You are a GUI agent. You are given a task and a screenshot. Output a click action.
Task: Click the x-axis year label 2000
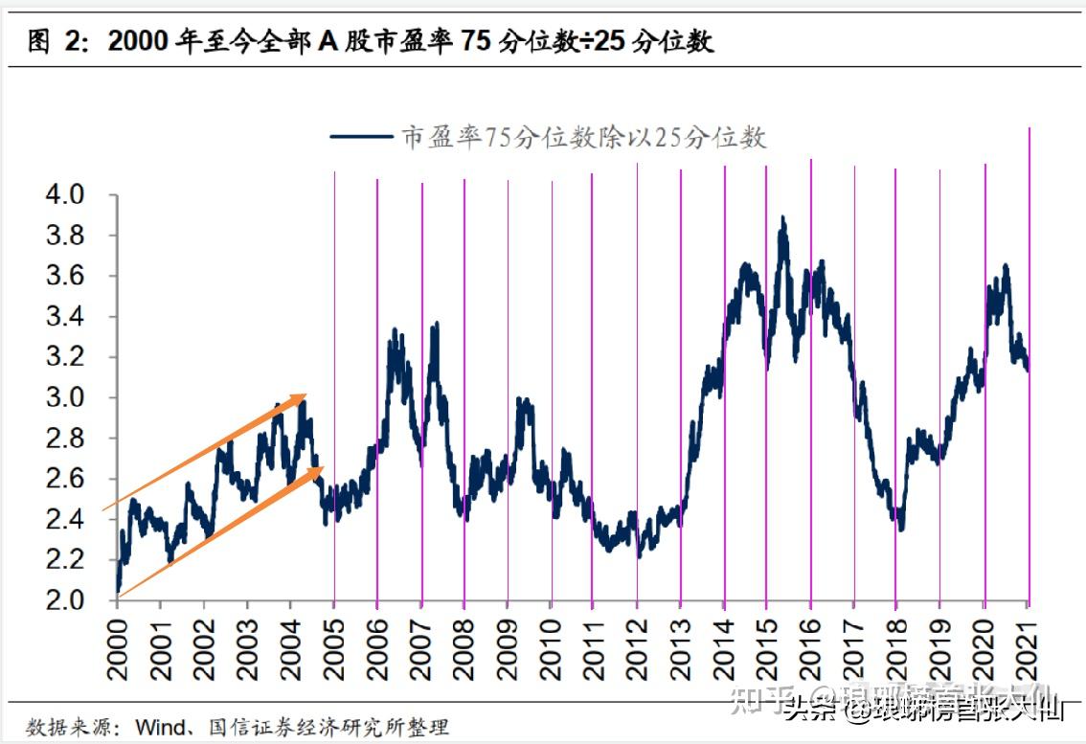point(117,648)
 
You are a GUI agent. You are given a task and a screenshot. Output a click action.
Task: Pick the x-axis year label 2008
point(464,648)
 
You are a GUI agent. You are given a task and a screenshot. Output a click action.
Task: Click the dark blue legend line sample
point(361,137)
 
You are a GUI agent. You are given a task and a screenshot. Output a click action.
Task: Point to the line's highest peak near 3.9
point(783,219)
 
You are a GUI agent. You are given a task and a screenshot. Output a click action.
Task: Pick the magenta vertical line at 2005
point(334,383)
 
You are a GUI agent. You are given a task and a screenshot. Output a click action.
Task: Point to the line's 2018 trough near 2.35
point(899,527)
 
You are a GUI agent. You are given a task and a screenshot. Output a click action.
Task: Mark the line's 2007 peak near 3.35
point(436,326)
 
